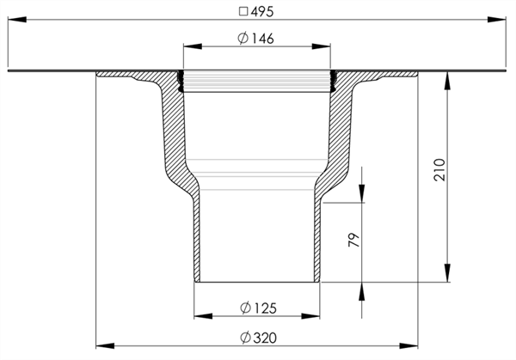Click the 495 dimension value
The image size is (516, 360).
(x=262, y=12)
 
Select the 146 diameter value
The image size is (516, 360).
(x=262, y=39)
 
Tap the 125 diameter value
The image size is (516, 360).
(x=265, y=308)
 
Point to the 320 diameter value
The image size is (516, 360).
(x=265, y=338)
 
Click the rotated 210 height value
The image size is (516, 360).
(x=439, y=169)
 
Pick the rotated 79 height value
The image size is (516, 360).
(x=353, y=240)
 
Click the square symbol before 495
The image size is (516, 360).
(x=243, y=12)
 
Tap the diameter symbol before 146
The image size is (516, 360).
(x=243, y=39)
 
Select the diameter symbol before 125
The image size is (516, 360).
(x=245, y=308)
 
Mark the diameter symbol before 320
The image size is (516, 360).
(x=245, y=338)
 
